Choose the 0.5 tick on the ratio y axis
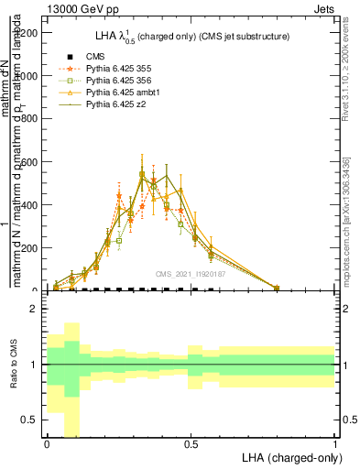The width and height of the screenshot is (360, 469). (x=29, y=420)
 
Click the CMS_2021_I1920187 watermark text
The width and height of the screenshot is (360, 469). (x=191, y=274)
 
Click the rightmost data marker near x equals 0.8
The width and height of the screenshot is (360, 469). (x=277, y=288)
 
